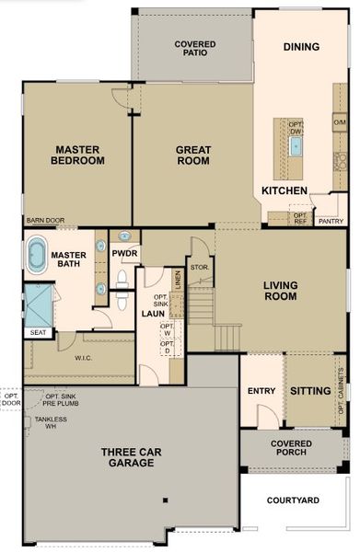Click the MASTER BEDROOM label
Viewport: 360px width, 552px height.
pos(78,154)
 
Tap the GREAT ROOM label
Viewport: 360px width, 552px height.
pos(193,155)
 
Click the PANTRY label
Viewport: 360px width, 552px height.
pos(330,221)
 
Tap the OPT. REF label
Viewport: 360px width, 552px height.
pos(299,218)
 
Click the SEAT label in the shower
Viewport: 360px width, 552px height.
pos(39,332)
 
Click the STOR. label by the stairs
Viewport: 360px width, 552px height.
pos(200,268)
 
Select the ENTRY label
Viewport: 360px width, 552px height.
pos(261,391)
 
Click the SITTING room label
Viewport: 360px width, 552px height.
pos(310,391)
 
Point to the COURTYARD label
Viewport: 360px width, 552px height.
pos(293,500)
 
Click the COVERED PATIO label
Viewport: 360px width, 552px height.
pos(194,48)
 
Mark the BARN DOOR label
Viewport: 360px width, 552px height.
pos(45,221)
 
